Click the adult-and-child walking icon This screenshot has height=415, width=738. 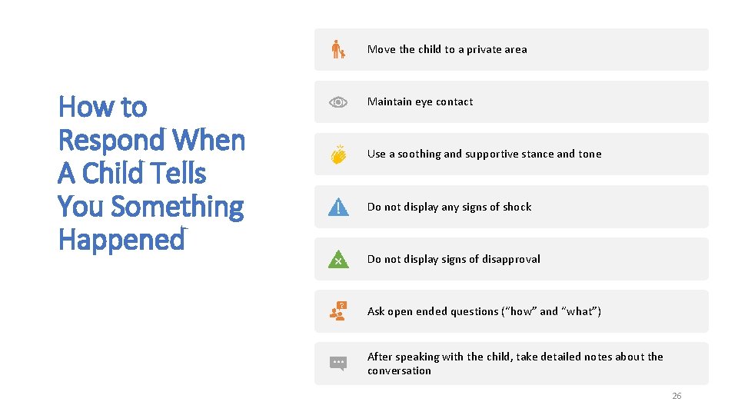pos(337,49)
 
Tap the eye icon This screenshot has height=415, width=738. pos(338,102)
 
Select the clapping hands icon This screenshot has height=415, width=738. pos(338,154)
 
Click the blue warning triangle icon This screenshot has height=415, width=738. pos(338,207)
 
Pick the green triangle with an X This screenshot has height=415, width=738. pos(338,259)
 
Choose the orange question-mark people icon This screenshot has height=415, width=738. pos(337,310)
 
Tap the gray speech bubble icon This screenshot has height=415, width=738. pos(337,363)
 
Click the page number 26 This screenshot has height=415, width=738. pos(676,396)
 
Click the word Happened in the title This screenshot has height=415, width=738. pos(121,240)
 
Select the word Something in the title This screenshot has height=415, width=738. pos(177,207)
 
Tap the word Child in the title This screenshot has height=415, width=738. pos(113,174)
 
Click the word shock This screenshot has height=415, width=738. pos(517,207)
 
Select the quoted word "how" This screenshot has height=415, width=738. pos(520,311)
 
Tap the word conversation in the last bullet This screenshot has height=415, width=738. pos(399,370)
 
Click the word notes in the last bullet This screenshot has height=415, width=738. pos(598,357)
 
